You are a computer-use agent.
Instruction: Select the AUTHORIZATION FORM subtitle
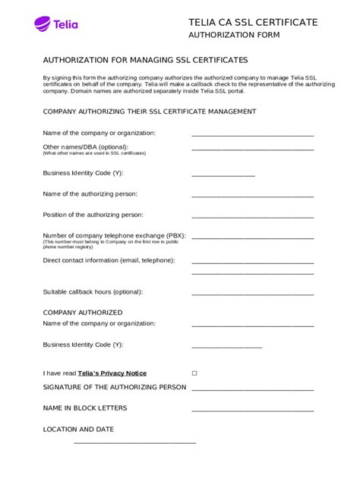click(x=234, y=35)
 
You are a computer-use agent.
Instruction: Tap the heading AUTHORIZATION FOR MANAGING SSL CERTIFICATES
click(x=145, y=59)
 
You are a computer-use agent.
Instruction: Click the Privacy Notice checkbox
click(x=194, y=373)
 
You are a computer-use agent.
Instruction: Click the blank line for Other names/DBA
click(x=252, y=149)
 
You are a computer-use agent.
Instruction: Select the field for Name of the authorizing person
click(x=252, y=197)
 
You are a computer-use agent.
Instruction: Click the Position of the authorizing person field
click(x=252, y=217)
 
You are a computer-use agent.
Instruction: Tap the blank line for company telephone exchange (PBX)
click(x=252, y=237)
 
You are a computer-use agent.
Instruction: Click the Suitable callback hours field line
click(x=252, y=294)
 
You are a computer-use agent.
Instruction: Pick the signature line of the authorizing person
click(x=252, y=389)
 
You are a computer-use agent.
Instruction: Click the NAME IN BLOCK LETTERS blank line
click(x=252, y=410)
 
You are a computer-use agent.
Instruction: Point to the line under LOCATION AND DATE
click(x=134, y=442)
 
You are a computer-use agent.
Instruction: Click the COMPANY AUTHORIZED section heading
click(x=82, y=313)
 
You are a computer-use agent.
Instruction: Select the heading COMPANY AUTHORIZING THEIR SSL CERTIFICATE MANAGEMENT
click(x=149, y=112)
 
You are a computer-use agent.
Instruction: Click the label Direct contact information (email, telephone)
click(x=109, y=260)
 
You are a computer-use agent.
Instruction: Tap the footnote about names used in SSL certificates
click(x=94, y=153)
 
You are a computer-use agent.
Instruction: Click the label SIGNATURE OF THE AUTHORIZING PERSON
click(x=114, y=387)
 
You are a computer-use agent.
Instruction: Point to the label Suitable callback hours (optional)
click(x=93, y=291)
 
